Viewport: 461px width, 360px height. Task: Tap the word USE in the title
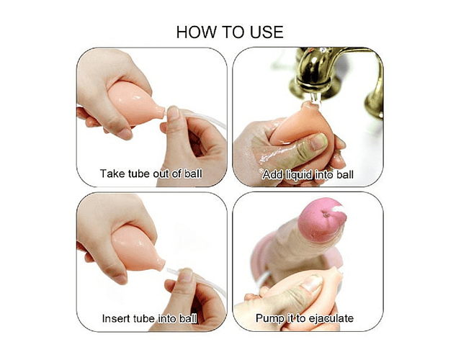point(267,32)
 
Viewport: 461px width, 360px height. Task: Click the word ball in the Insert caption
point(188,318)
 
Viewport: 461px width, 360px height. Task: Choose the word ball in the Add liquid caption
point(345,174)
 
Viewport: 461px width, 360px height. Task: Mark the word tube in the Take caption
point(139,174)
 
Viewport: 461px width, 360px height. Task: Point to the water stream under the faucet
point(316,98)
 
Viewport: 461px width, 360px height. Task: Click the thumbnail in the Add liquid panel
point(319,141)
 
